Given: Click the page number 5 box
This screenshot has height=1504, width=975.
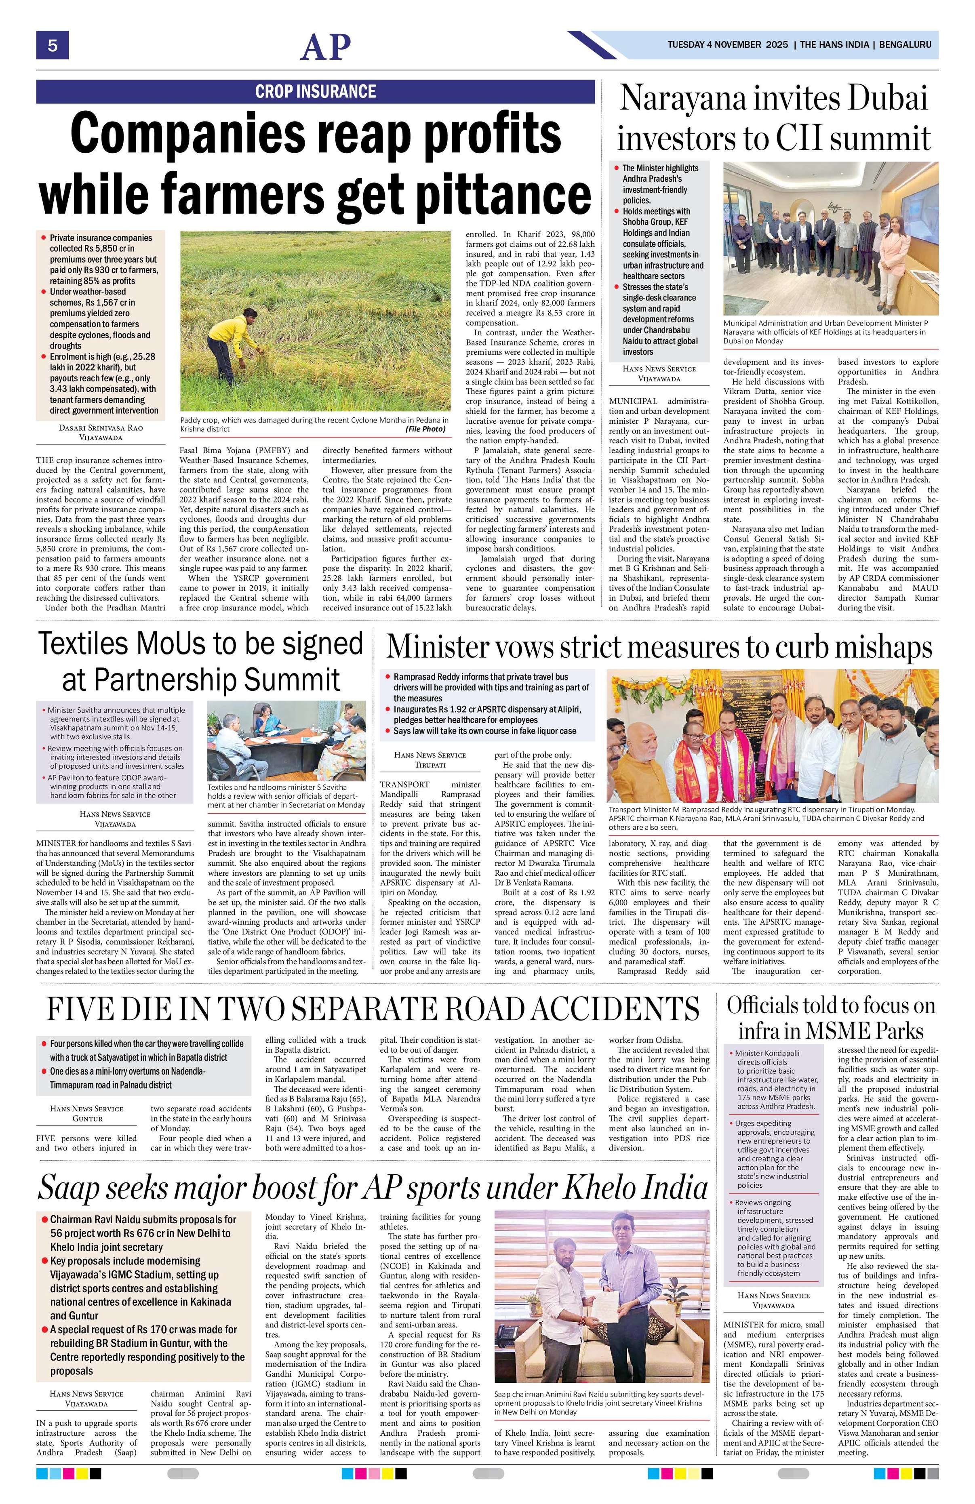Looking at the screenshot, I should pyautogui.click(x=52, y=46).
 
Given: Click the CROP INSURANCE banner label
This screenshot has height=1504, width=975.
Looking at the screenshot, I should pyautogui.click(x=315, y=91).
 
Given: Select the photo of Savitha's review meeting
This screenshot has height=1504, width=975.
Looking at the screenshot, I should pyautogui.click(x=286, y=740).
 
